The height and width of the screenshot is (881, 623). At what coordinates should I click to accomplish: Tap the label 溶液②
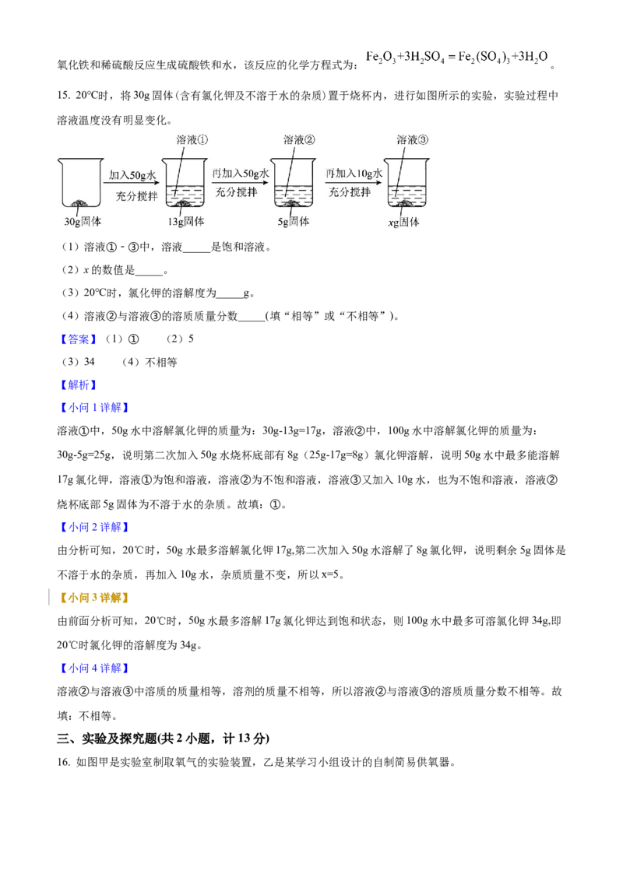pyautogui.click(x=300, y=140)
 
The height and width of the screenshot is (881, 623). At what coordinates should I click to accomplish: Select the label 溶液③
pyautogui.click(x=413, y=140)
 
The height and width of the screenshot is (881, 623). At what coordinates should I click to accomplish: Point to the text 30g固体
pyautogui.click(x=83, y=222)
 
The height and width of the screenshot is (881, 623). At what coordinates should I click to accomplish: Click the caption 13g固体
pyautogui.click(x=185, y=222)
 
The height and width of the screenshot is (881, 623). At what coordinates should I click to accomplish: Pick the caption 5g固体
pyautogui.click(x=293, y=222)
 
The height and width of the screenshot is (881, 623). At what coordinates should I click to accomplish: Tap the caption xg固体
pyautogui.click(x=403, y=222)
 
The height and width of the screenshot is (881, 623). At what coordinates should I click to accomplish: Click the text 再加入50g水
pyautogui.click(x=240, y=173)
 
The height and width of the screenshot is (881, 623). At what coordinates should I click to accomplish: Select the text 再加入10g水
pyautogui.click(x=354, y=173)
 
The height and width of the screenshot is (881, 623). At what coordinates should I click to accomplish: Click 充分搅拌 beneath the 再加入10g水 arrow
pyautogui.click(x=350, y=192)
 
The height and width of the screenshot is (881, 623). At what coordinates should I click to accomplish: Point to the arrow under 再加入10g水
pyautogui.click(x=355, y=183)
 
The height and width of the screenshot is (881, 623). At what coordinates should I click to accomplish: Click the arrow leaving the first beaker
pyautogui.click(x=132, y=183)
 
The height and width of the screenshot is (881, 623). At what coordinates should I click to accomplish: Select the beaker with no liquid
pyautogui.click(x=79, y=184)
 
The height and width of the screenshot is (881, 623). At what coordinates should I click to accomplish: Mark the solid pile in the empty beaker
pyautogui.click(x=79, y=203)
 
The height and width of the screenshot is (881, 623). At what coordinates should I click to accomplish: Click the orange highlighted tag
pyautogui.click(x=93, y=598)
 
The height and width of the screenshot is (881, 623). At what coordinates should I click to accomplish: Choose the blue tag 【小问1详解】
pyautogui.click(x=93, y=409)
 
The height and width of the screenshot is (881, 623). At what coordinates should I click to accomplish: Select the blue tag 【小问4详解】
pyautogui.click(x=93, y=669)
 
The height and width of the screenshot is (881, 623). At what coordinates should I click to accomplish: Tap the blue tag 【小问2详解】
pyautogui.click(x=93, y=527)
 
